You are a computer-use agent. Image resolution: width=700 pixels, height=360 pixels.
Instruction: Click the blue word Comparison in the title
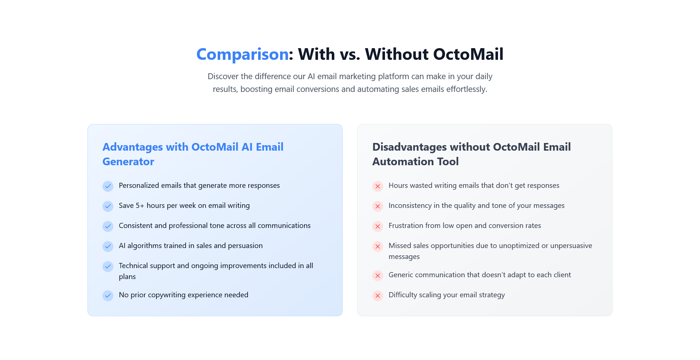pyautogui.click(x=242, y=54)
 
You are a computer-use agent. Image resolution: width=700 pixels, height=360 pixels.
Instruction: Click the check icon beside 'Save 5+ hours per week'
pyautogui.click(x=108, y=206)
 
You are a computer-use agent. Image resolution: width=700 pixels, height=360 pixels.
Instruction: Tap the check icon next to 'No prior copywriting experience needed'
pyautogui.click(x=108, y=295)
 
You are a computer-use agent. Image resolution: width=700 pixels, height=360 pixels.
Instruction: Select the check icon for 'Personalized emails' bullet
pyautogui.click(x=108, y=186)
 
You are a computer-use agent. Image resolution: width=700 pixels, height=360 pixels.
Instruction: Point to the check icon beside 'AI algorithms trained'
pyautogui.click(x=108, y=246)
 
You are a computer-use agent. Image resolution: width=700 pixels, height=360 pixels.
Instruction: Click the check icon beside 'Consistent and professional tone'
pyautogui.click(x=108, y=226)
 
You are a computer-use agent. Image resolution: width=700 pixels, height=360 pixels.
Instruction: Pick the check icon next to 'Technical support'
pyautogui.click(x=108, y=266)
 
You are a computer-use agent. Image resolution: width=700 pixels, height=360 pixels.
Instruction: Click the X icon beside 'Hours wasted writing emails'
pyautogui.click(x=378, y=186)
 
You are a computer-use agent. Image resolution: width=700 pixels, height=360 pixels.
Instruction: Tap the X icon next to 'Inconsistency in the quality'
pyautogui.click(x=378, y=206)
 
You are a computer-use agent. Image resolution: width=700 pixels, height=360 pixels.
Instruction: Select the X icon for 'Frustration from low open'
pyautogui.click(x=378, y=226)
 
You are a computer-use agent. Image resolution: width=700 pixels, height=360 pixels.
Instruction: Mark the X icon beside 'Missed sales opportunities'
pyautogui.click(x=378, y=246)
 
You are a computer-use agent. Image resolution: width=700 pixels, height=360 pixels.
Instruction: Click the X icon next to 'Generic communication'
pyautogui.click(x=378, y=275)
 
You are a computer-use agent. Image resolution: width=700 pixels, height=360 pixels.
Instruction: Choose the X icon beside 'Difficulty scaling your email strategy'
pyautogui.click(x=378, y=295)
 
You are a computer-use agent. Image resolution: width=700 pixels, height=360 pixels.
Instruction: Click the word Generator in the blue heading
pyautogui.click(x=128, y=162)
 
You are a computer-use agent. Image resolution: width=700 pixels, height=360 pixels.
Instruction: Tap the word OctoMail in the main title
pyautogui.click(x=470, y=54)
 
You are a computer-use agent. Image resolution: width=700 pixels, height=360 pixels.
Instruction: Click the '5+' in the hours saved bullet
pyautogui.click(x=140, y=206)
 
